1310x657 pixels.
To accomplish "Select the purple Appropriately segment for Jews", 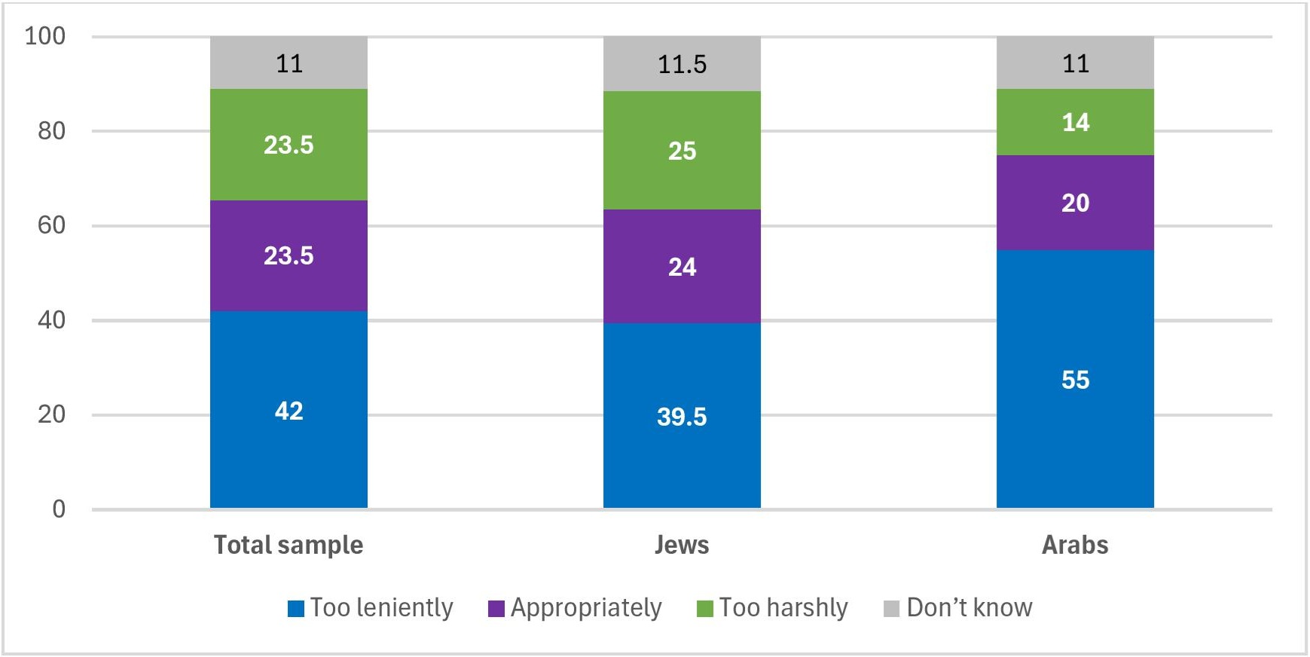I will pos(682,294).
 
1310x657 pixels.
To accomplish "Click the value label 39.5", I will pos(682,417).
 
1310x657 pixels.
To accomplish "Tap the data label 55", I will pos(1075,380).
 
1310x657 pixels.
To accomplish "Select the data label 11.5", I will pos(682,65).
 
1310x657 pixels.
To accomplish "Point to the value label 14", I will pos(1075,122).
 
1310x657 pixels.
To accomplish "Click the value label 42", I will pos(289,411).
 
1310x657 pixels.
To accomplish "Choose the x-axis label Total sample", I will pos(289,545).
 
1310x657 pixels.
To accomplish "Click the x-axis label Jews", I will pos(682,545).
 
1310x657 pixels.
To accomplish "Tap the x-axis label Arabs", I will pos(1075,545).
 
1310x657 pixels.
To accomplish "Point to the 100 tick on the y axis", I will pos(45,36).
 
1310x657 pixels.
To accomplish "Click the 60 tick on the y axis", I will pos(51,225).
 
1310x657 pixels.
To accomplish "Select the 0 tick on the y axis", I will pos(59,509).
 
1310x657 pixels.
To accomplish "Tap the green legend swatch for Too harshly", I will pos(705,609).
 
